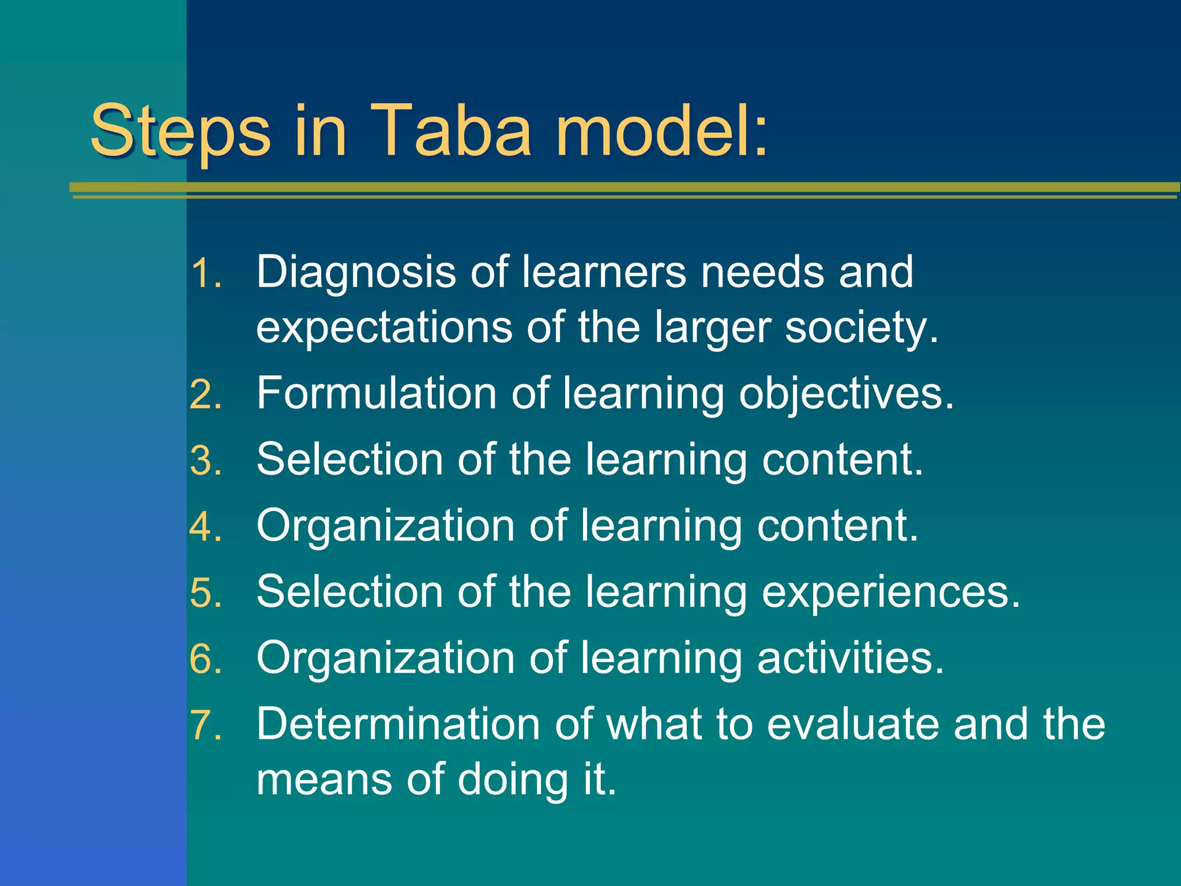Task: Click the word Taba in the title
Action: pyautogui.click(x=450, y=131)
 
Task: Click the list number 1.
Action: pyautogui.click(x=205, y=273)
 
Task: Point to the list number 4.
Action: pyautogui.click(x=205, y=527)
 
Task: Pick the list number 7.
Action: pyautogui.click(x=205, y=726)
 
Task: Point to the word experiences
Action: pyautogui.click(x=890, y=593)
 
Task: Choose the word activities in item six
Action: pyautogui.click(x=850, y=658)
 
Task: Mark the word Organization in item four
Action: pyautogui.click(x=385, y=527)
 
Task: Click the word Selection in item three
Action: pyautogui.click(x=349, y=460)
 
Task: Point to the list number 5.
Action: pyautogui.click(x=205, y=594)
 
